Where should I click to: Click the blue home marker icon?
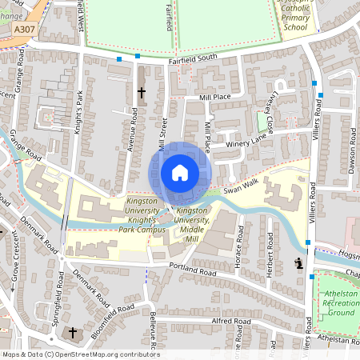tap(180, 173)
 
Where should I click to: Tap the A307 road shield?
tap(24, 28)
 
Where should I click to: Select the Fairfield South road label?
tap(193, 59)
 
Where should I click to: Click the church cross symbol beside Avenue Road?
tap(142, 93)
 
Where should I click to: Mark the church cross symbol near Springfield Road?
tap(73, 332)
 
